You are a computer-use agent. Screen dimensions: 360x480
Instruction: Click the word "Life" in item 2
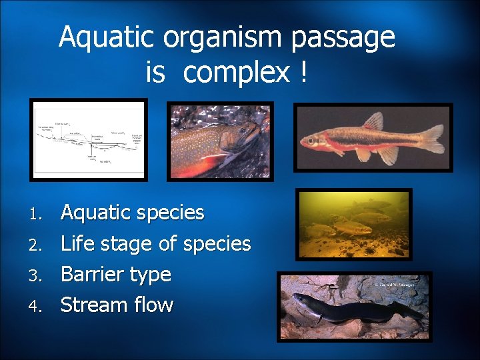tap(77, 243)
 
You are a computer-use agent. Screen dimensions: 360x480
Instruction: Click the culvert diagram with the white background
tap(89, 140)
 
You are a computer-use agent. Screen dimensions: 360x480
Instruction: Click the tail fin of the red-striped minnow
tap(431, 139)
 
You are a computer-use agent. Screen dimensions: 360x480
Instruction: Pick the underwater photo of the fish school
tap(354, 224)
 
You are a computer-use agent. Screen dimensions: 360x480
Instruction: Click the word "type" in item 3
tap(152, 275)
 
